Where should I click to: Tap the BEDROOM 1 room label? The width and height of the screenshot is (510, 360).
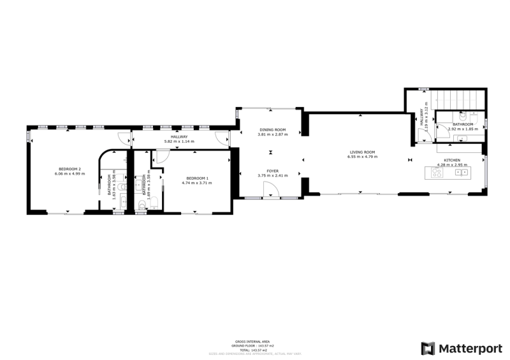(x=196, y=178)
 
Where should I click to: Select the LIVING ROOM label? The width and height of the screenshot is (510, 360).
(x=361, y=152)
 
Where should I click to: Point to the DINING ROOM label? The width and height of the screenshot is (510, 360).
(x=272, y=130)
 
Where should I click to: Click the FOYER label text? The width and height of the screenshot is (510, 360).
(x=272, y=171)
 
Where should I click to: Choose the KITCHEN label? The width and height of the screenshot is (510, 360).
(x=452, y=160)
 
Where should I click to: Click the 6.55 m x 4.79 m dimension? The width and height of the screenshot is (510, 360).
(x=361, y=157)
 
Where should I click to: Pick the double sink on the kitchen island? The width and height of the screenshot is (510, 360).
(x=461, y=171)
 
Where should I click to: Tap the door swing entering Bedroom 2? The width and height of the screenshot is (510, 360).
(x=121, y=136)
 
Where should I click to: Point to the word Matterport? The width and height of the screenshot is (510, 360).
(x=470, y=349)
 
